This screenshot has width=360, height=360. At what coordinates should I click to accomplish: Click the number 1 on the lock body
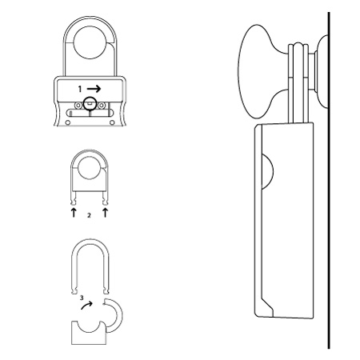pos(80,89)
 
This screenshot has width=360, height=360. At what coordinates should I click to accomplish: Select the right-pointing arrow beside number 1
pos(94,89)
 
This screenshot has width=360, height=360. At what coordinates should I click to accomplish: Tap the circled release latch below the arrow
pos(90,104)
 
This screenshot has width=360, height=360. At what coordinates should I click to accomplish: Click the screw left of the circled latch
pos(78,106)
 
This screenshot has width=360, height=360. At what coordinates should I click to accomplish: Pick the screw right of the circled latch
pos(101,106)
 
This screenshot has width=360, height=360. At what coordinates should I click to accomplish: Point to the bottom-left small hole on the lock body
pos(68,122)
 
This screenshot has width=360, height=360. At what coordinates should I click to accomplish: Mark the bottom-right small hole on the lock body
pos(112,122)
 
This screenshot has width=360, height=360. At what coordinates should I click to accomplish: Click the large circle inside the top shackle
pos(90,42)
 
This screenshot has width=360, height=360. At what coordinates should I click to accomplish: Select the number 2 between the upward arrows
pos(89,215)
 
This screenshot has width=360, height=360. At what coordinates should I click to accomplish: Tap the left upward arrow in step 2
pos(74,213)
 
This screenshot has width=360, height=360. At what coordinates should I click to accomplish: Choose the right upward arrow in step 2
pos(106,213)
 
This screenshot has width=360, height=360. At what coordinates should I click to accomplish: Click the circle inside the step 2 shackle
pos(90,167)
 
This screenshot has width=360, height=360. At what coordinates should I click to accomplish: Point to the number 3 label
pos(82,298)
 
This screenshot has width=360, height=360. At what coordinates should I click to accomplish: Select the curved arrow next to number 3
pos(87,305)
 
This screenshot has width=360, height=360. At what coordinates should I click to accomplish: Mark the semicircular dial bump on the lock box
pos(268,171)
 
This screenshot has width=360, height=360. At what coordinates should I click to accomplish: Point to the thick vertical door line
pos(329,180)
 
